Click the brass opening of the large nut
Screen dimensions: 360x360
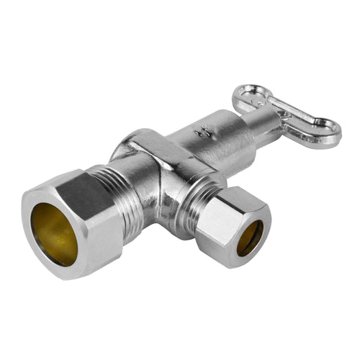tap(55, 232)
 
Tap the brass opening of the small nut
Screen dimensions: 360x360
tap(251, 238)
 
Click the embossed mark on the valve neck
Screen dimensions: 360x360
tap(203, 132)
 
